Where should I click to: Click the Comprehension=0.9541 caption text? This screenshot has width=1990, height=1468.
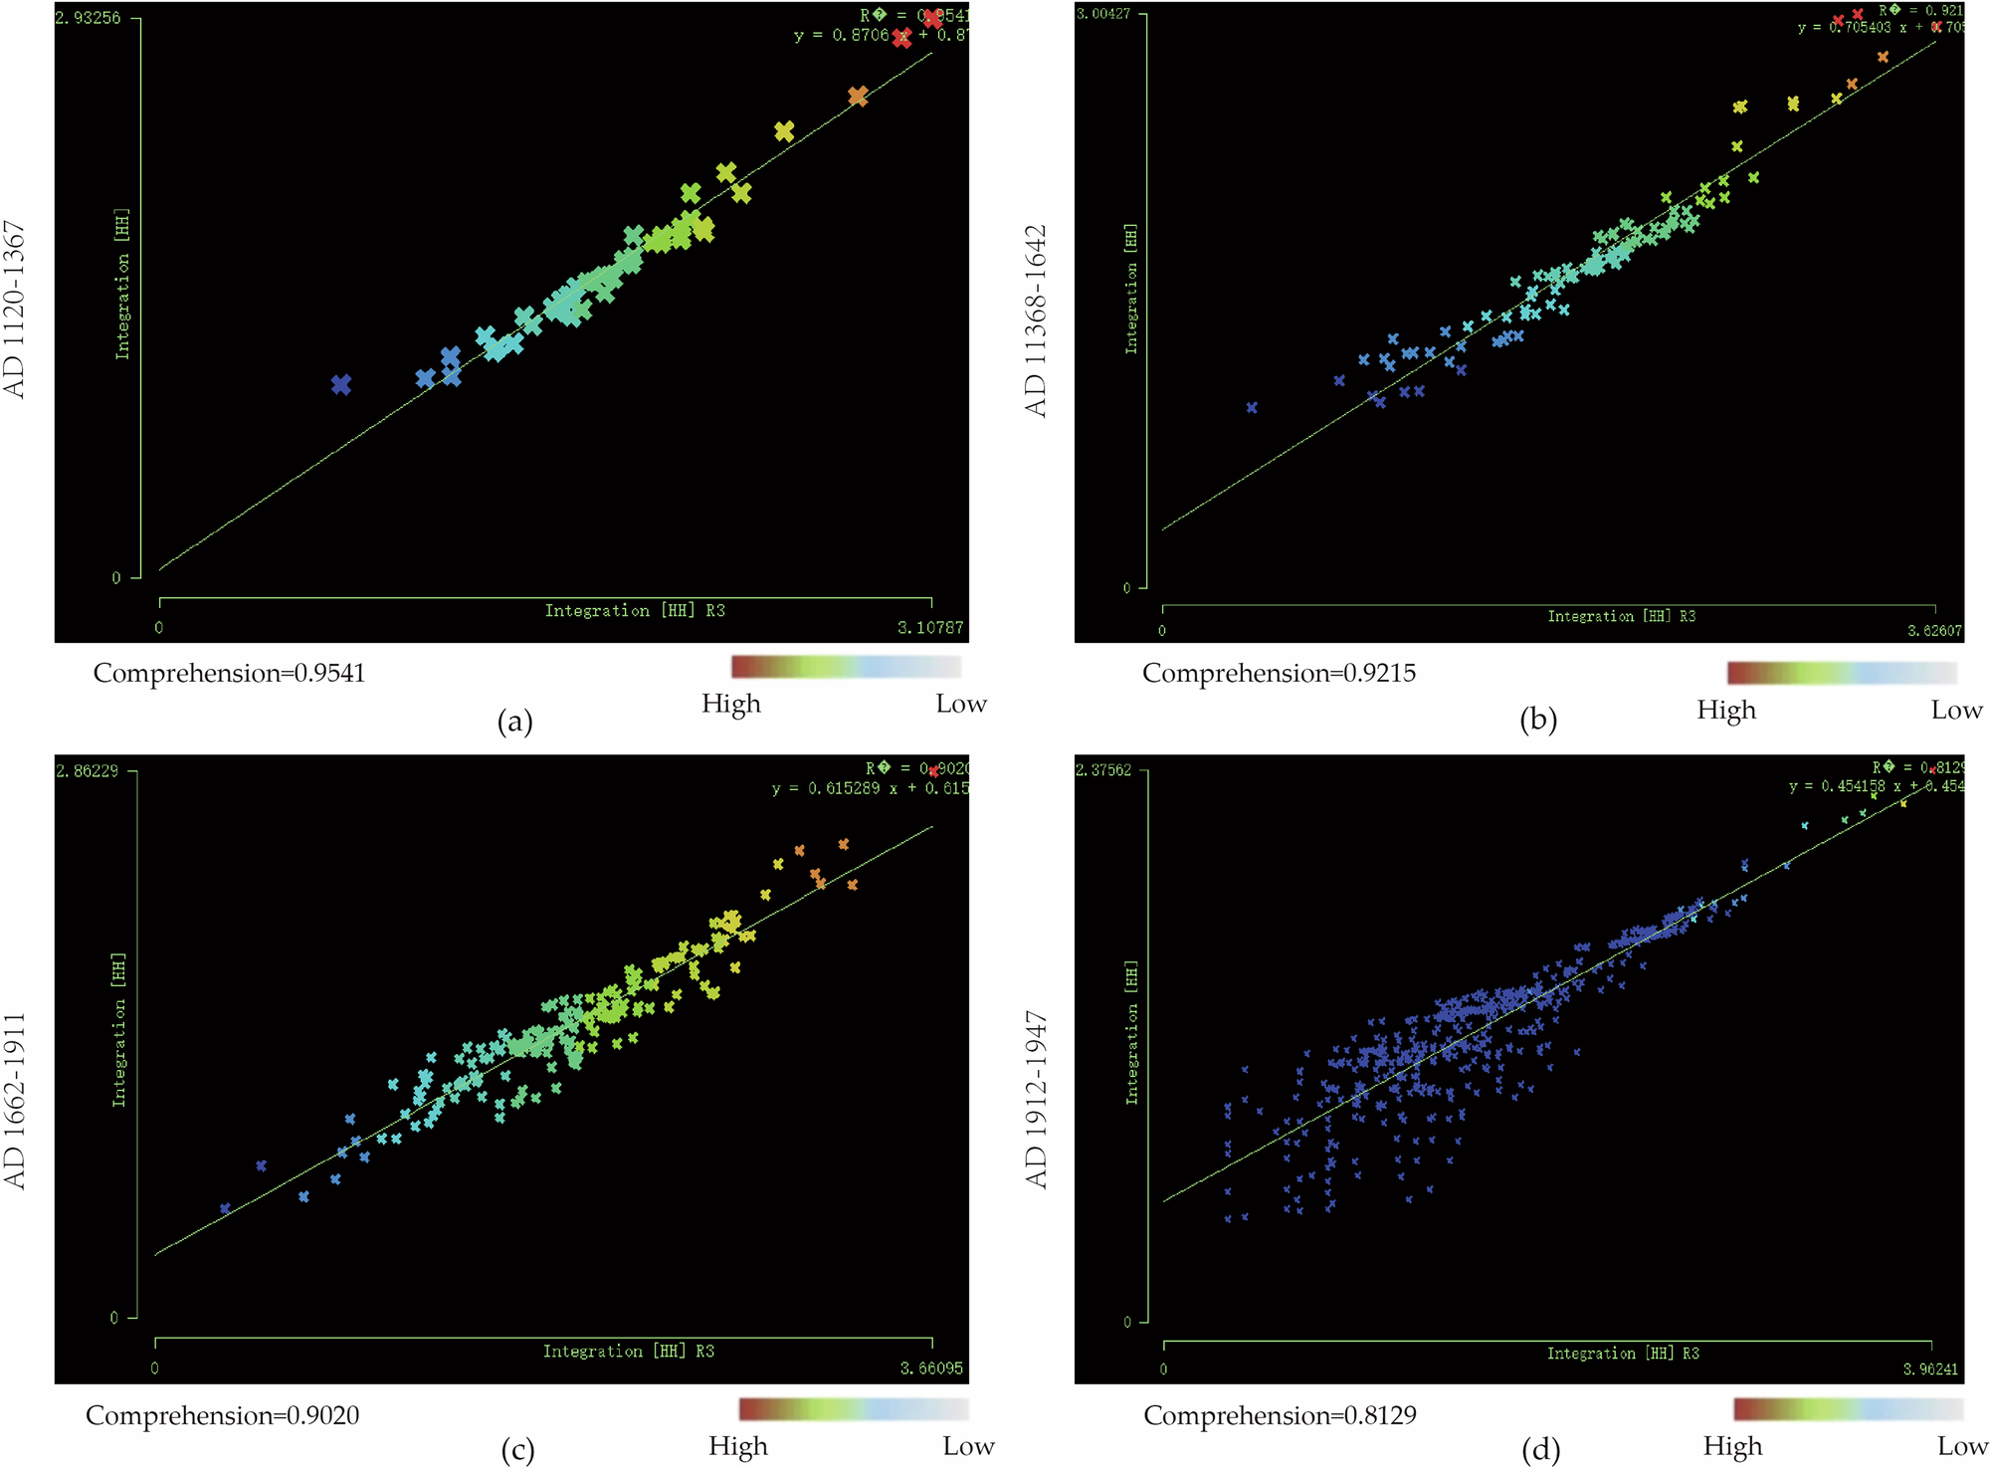(x=229, y=674)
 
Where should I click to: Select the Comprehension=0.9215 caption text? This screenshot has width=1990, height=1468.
(x=1279, y=674)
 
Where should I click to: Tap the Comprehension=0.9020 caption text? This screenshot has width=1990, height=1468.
(x=222, y=1415)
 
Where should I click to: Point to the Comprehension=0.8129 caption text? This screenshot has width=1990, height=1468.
(x=1280, y=1415)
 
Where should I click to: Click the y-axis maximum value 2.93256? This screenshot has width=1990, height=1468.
(x=88, y=18)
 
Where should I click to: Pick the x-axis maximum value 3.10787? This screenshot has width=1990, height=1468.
(x=929, y=628)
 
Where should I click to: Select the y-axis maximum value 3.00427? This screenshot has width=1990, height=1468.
(x=1103, y=13)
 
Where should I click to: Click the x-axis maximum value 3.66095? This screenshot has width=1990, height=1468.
(x=931, y=1368)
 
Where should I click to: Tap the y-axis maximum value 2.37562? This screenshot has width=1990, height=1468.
(x=1103, y=770)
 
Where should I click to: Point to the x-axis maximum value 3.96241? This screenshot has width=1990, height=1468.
(x=1930, y=1369)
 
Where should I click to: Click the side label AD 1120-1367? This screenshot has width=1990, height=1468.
(x=14, y=310)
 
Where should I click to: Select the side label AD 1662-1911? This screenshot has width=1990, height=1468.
(x=14, y=1101)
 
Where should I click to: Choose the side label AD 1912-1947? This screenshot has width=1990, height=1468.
(x=1037, y=1101)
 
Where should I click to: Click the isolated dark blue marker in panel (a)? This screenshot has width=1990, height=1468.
(x=341, y=384)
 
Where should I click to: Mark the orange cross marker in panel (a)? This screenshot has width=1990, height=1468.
(x=858, y=97)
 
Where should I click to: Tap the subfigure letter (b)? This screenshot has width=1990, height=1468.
(x=1537, y=720)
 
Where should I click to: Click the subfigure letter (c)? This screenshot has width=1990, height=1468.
(x=517, y=1450)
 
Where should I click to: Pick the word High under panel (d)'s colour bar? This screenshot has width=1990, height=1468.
(x=1732, y=1446)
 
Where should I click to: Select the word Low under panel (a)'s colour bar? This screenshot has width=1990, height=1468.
(x=960, y=704)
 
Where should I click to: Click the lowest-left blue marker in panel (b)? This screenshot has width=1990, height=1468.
(x=1252, y=407)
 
